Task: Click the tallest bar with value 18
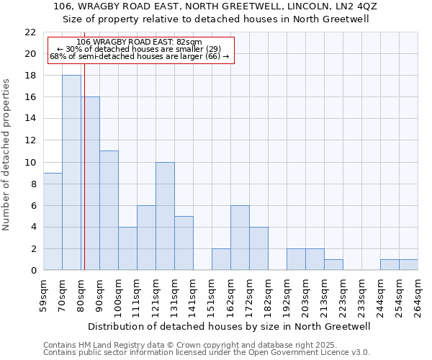71,173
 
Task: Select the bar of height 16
91,184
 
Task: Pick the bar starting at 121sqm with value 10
165,216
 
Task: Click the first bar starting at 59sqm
53,222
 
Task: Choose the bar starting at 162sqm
240,238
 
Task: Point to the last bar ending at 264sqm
408,265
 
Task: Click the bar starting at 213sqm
333,265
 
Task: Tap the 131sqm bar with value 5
184,243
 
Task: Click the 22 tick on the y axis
30,32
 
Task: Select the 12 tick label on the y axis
30,140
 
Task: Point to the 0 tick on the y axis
33,271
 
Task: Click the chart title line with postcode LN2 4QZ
216,6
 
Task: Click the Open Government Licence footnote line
206,353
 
